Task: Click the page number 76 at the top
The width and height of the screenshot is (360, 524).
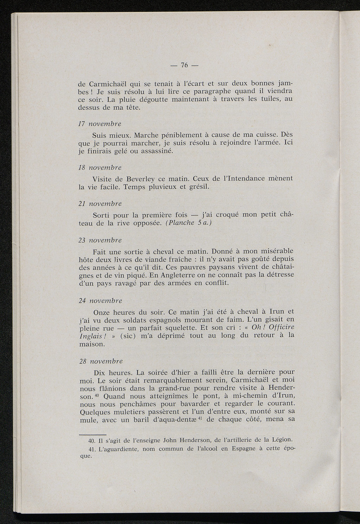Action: click(184, 65)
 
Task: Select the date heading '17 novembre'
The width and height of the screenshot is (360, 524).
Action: click(99, 124)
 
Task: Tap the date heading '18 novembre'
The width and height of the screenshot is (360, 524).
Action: click(99, 167)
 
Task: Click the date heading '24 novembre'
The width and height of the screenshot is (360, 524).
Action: click(100, 301)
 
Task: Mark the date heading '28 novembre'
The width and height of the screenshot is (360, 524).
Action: click(100, 361)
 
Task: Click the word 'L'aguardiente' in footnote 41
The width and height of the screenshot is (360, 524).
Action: click(118, 449)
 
